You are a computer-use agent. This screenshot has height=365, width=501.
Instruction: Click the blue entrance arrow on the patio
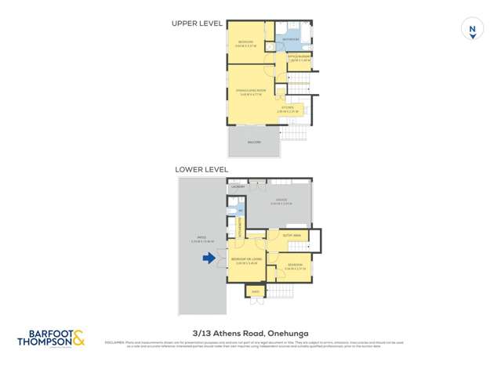(x=209, y=258)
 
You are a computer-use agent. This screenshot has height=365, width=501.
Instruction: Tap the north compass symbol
(x=472, y=29)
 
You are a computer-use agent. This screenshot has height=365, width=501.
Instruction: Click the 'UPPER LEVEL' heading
(x=197, y=23)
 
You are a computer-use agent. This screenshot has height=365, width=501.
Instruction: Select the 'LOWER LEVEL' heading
(x=201, y=169)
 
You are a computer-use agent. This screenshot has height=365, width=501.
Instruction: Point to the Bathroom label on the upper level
(x=290, y=38)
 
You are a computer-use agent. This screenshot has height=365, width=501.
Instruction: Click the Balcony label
(x=253, y=142)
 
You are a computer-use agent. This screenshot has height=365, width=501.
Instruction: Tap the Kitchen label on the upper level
(x=288, y=107)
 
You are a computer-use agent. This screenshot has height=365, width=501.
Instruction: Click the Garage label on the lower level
(x=280, y=201)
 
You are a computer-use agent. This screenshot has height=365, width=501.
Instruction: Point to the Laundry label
(x=238, y=186)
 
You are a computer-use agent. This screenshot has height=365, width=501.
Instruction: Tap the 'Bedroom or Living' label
(x=245, y=261)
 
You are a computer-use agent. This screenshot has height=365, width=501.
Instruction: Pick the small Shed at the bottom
(x=255, y=292)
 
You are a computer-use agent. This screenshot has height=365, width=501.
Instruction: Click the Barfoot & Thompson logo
(x=51, y=338)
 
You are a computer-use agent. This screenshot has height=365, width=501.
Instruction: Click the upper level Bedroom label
(x=245, y=43)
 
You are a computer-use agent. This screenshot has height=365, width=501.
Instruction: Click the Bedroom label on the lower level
(x=295, y=266)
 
